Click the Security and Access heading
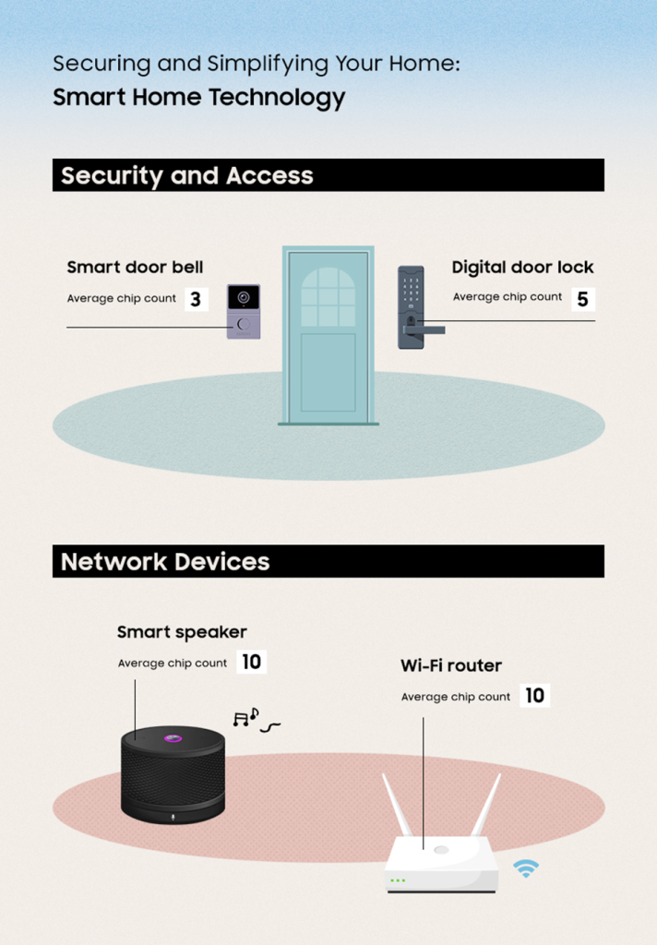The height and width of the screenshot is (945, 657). pyautogui.click(x=186, y=175)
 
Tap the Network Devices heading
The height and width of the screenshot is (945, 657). pyautogui.click(x=165, y=561)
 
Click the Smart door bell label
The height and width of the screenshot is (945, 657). pyautogui.click(x=135, y=268)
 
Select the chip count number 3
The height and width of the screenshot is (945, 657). pyautogui.click(x=195, y=300)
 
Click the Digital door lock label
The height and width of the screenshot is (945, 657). pyautogui.click(x=522, y=268)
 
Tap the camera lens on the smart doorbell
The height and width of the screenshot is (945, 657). pyautogui.click(x=244, y=298)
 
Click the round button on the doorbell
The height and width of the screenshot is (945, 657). pyautogui.click(x=244, y=325)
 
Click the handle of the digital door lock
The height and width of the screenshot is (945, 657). pyautogui.click(x=426, y=328)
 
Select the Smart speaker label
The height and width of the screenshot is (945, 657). pyautogui.click(x=182, y=632)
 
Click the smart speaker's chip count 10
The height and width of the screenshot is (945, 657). pyautogui.click(x=251, y=663)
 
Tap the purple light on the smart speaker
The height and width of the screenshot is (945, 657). pyautogui.click(x=172, y=737)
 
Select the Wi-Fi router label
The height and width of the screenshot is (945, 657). pyautogui.click(x=451, y=665)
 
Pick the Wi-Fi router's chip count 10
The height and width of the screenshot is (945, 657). pyautogui.click(x=534, y=696)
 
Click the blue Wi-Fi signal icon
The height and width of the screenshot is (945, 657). pyautogui.click(x=526, y=867)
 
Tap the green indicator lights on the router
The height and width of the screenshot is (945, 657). pyautogui.click(x=398, y=880)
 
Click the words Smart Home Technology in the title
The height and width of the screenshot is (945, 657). pyautogui.click(x=198, y=98)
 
